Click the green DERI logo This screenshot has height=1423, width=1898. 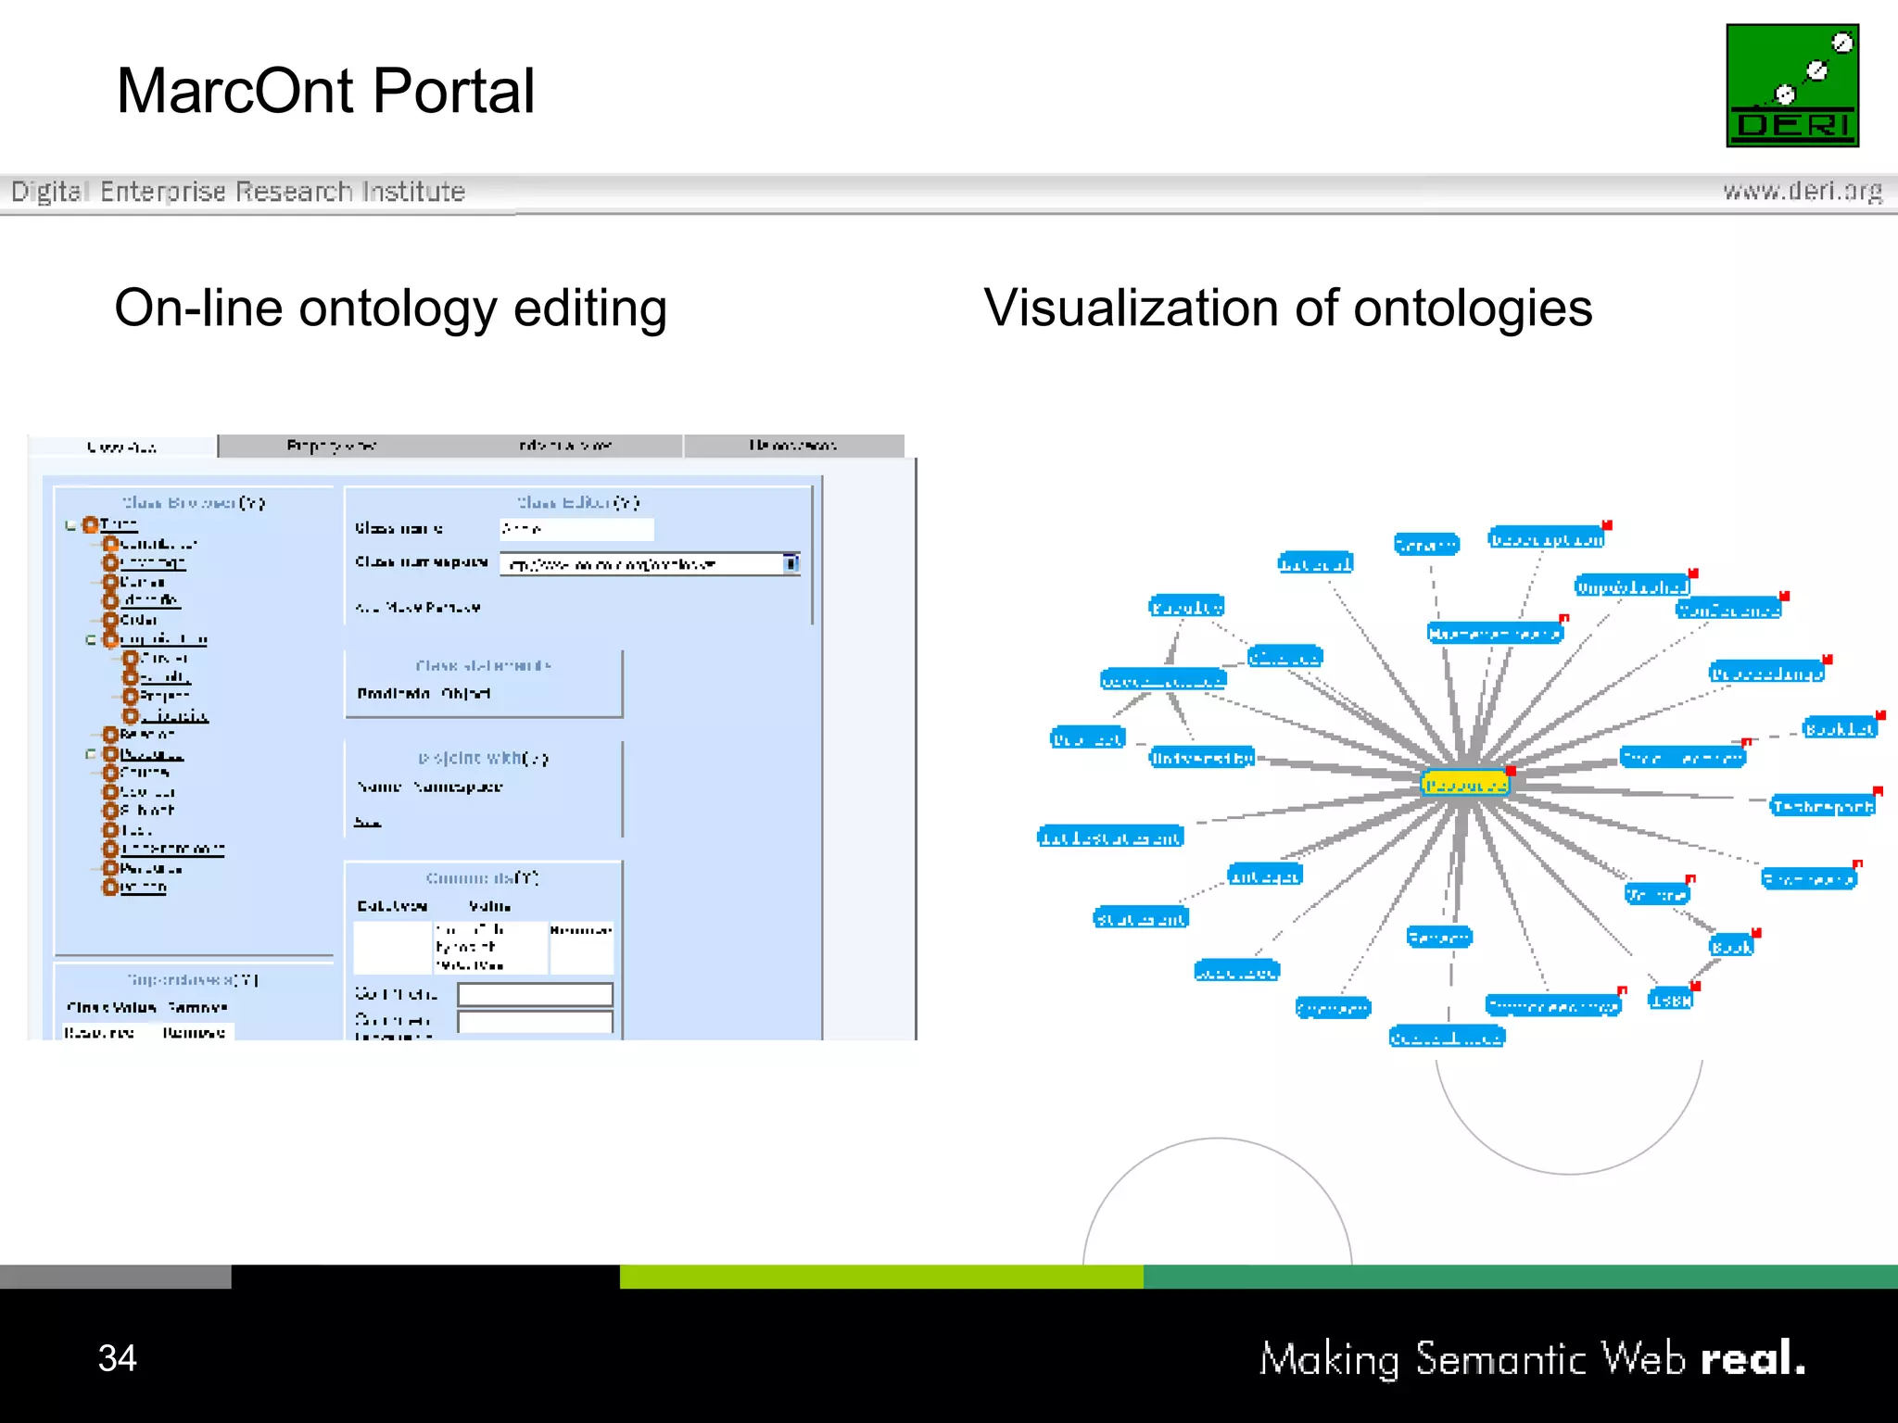click(1791, 85)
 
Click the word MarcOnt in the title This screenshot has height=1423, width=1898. click(234, 92)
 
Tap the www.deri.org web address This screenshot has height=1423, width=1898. click(1802, 191)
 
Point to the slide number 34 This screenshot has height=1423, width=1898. click(118, 1358)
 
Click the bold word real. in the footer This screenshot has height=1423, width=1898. click(1752, 1359)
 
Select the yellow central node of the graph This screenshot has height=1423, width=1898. click(1464, 785)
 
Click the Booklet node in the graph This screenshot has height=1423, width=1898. click(1839, 729)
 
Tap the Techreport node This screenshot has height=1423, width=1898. click(1822, 806)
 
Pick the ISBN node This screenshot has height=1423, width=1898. click(1671, 1000)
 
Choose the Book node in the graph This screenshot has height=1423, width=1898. click(1731, 946)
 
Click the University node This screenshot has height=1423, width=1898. click(1201, 758)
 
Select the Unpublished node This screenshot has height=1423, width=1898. click(1632, 586)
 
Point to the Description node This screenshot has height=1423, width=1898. click(1546, 539)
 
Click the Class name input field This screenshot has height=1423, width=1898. click(576, 529)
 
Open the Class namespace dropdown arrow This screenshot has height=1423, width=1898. click(791, 563)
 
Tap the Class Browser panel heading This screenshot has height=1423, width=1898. click(193, 503)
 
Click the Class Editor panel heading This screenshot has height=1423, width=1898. click(577, 502)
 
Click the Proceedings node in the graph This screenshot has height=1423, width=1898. click(1766, 674)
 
